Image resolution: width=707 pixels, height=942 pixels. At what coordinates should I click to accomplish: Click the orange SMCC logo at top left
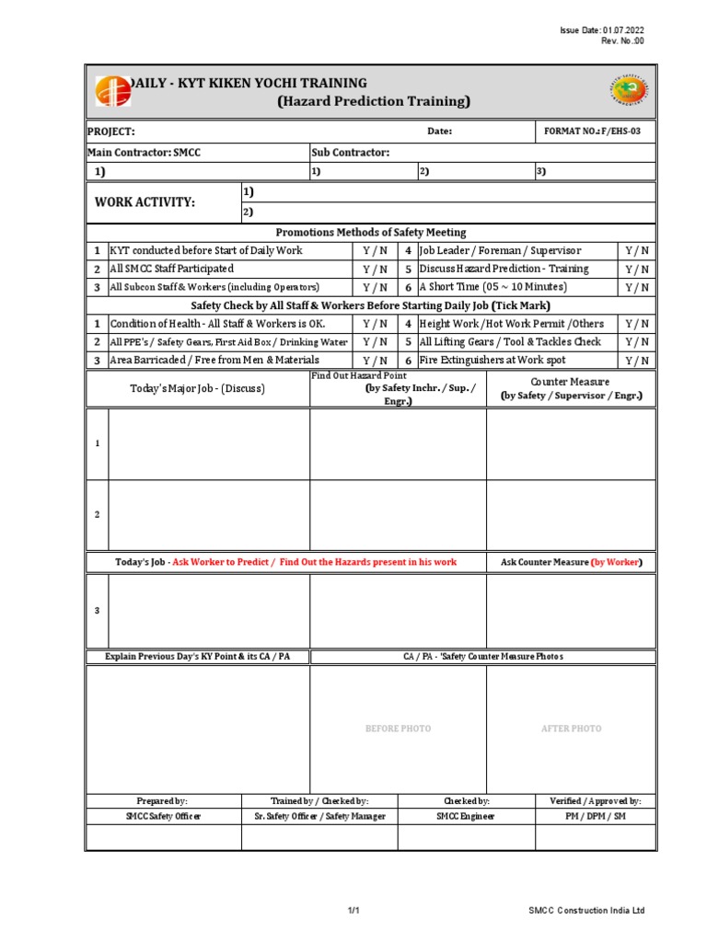[x=112, y=92]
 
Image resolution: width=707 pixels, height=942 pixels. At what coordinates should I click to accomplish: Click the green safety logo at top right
[x=629, y=92]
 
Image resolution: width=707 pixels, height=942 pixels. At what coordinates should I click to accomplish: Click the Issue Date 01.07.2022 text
[x=603, y=31]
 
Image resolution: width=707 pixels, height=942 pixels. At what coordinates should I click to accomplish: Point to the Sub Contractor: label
[x=351, y=152]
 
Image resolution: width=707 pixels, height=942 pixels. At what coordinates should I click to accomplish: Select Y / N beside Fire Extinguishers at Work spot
[x=637, y=361]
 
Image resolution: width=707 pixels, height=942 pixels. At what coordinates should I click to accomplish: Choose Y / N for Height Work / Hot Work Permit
[x=637, y=324]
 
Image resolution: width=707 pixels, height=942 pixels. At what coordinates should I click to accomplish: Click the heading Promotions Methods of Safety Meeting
[x=371, y=233]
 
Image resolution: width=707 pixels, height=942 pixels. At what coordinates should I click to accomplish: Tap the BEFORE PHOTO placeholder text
[x=398, y=729]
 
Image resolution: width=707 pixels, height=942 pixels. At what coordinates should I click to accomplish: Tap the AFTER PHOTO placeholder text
[x=571, y=729]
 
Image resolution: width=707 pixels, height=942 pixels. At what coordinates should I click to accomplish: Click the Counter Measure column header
[x=571, y=388]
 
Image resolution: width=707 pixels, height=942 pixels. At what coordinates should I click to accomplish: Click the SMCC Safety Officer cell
[x=163, y=816]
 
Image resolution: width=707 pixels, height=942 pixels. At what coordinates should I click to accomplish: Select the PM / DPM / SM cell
[x=596, y=816]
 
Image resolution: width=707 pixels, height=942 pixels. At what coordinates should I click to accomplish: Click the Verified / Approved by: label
[x=596, y=801]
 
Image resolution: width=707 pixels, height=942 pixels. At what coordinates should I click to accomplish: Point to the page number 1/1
[x=353, y=911]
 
